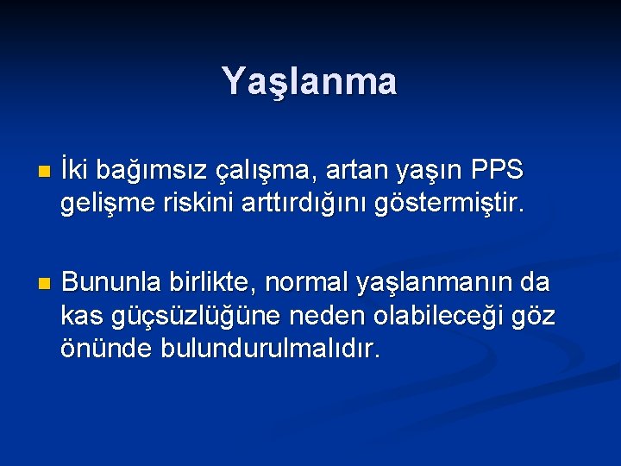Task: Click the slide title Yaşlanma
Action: click(x=310, y=81)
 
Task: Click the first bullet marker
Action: click(x=34, y=173)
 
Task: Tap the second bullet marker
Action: click(x=34, y=284)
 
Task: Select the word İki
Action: click(x=78, y=170)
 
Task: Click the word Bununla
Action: click(x=110, y=282)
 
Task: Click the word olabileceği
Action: click(x=431, y=317)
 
